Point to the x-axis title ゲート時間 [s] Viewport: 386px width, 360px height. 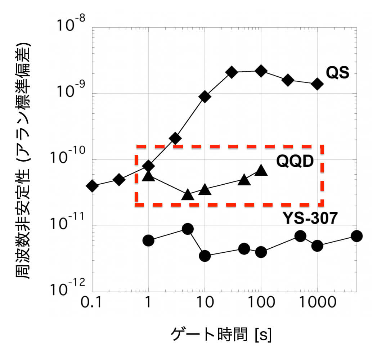(221, 336)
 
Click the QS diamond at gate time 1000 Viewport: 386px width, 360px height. (317, 84)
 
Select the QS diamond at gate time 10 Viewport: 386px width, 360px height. (205, 97)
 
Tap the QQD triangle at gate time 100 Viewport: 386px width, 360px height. (261, 171)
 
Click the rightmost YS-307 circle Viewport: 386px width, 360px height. (356, 236)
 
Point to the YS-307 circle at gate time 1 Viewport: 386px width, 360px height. (148, 240)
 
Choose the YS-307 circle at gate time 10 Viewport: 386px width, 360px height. (205, 256)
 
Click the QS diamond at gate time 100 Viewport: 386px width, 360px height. (261, 71)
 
